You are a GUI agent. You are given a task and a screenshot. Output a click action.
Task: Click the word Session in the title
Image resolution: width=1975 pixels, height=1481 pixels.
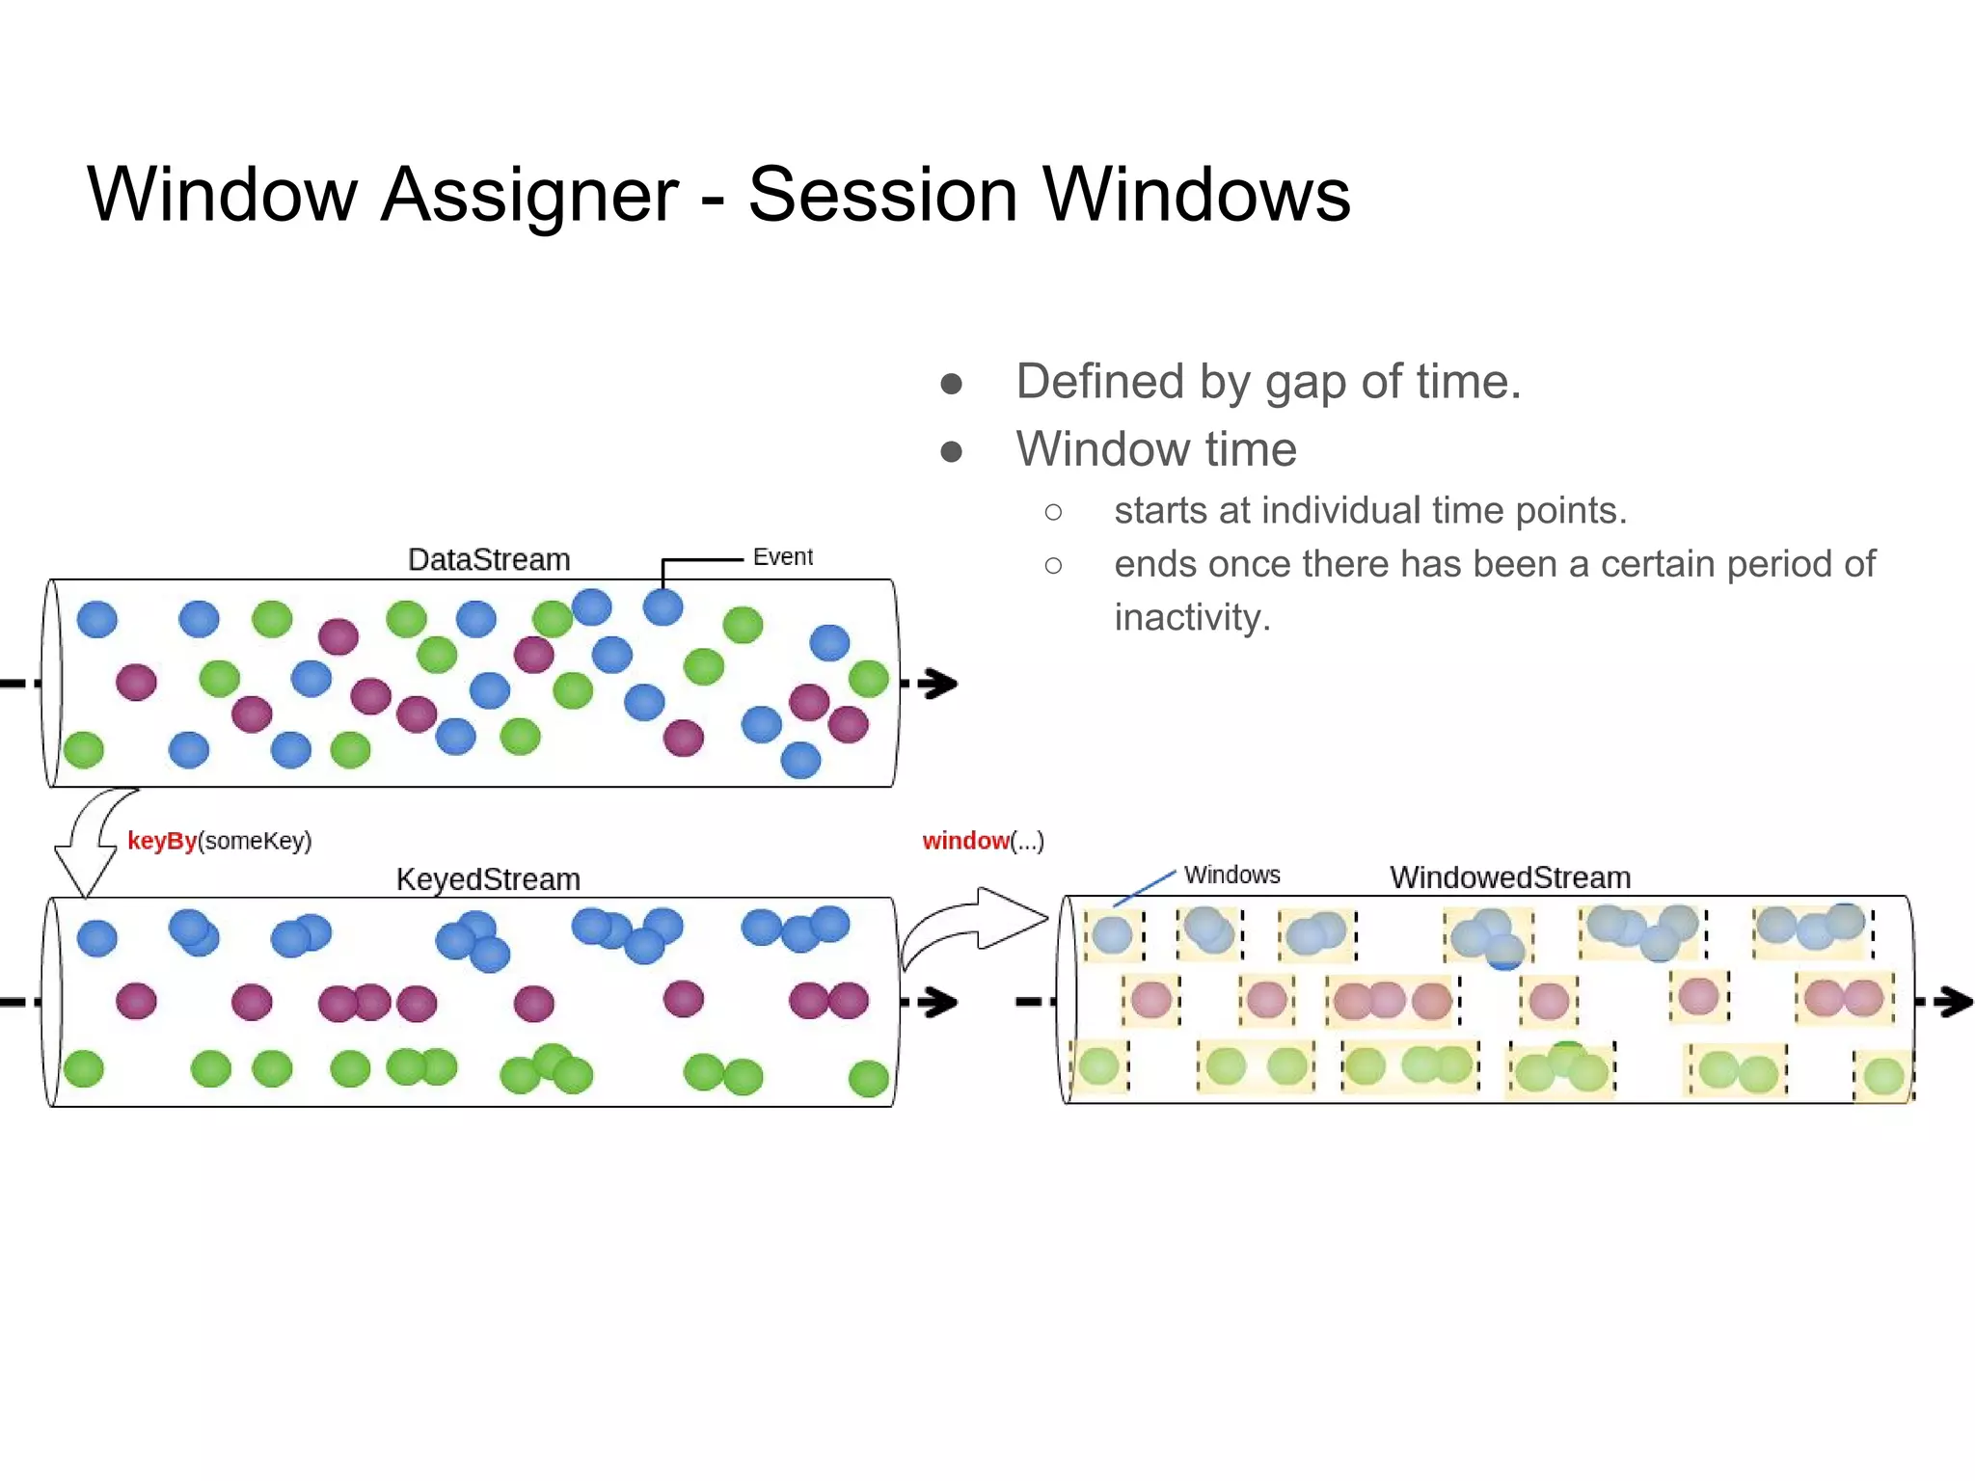882,195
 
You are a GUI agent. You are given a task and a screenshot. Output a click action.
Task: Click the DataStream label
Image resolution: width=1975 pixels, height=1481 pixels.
489,559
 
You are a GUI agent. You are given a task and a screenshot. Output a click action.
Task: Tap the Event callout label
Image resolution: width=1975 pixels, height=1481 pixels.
782,556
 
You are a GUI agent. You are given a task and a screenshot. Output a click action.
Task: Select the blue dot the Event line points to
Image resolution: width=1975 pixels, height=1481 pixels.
663,606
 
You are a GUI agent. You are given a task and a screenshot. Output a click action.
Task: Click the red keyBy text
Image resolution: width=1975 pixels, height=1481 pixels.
161,841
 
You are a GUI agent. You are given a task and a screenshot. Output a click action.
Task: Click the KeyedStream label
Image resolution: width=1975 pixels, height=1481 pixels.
488,879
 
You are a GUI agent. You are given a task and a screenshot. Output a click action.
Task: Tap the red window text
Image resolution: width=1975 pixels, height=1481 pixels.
964,841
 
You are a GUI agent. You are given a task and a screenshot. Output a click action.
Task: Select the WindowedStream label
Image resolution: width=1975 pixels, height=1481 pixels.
1510,877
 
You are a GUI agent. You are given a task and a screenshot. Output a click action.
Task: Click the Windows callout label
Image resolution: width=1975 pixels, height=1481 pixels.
1231,875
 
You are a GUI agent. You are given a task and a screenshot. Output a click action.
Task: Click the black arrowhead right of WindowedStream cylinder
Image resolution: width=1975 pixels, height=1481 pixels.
1954,1002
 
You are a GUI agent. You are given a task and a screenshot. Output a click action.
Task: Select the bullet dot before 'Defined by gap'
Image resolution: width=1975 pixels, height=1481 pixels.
951,384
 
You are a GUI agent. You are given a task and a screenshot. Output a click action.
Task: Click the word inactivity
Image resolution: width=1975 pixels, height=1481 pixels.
1191,617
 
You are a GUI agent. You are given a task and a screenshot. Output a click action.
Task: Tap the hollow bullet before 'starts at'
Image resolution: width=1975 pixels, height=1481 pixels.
1053,512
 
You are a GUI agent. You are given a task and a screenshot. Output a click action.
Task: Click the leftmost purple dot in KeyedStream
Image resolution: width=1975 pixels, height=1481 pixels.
136,1001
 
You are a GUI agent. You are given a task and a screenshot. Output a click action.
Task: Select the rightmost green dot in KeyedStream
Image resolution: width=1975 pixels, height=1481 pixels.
868,1078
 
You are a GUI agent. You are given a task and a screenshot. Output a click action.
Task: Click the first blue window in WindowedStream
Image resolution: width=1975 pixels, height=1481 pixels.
1113,934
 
